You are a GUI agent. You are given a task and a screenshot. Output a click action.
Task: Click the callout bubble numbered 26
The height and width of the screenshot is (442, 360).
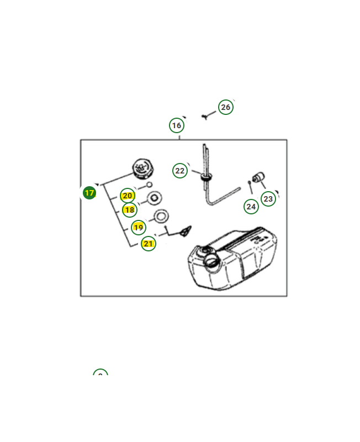(226, 107)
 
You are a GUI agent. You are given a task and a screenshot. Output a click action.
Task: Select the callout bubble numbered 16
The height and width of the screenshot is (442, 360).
(177, 125)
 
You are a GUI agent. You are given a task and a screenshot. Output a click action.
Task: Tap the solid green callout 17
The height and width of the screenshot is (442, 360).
(89, 193)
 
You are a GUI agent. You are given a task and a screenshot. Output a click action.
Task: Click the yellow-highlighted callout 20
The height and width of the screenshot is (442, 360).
(128, 196)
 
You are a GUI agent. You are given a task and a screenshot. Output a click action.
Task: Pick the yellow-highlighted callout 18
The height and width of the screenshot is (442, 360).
(130, 210)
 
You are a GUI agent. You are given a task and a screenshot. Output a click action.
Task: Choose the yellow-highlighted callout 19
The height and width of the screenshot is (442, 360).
(138, 228)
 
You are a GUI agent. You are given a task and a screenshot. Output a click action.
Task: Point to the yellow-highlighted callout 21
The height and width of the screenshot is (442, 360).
(148, 244)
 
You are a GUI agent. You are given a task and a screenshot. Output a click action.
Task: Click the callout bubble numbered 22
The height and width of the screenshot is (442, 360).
(179, 171)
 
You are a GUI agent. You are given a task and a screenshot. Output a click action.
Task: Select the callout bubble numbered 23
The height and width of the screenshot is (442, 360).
(268, 199)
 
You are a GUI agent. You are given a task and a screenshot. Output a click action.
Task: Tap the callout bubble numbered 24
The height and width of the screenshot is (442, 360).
(251, 207)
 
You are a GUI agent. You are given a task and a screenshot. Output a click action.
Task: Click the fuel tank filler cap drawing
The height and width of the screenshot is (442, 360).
(143, 169)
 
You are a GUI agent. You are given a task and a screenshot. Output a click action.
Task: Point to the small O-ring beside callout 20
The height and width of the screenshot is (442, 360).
(149, 185)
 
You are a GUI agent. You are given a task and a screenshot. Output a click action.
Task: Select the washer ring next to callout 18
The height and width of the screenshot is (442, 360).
(155, 198)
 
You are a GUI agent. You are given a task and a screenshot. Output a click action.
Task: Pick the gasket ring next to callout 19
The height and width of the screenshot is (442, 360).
(161, 217)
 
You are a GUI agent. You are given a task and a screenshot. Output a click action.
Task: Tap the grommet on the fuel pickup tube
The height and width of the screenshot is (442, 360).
(206, 177)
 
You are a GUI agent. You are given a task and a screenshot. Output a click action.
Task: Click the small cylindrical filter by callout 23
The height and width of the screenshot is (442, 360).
(258, 177)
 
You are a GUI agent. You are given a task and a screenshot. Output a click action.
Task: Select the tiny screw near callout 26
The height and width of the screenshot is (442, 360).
(205, 117)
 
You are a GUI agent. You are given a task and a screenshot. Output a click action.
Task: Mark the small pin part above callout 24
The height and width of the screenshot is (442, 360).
(250, 183)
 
